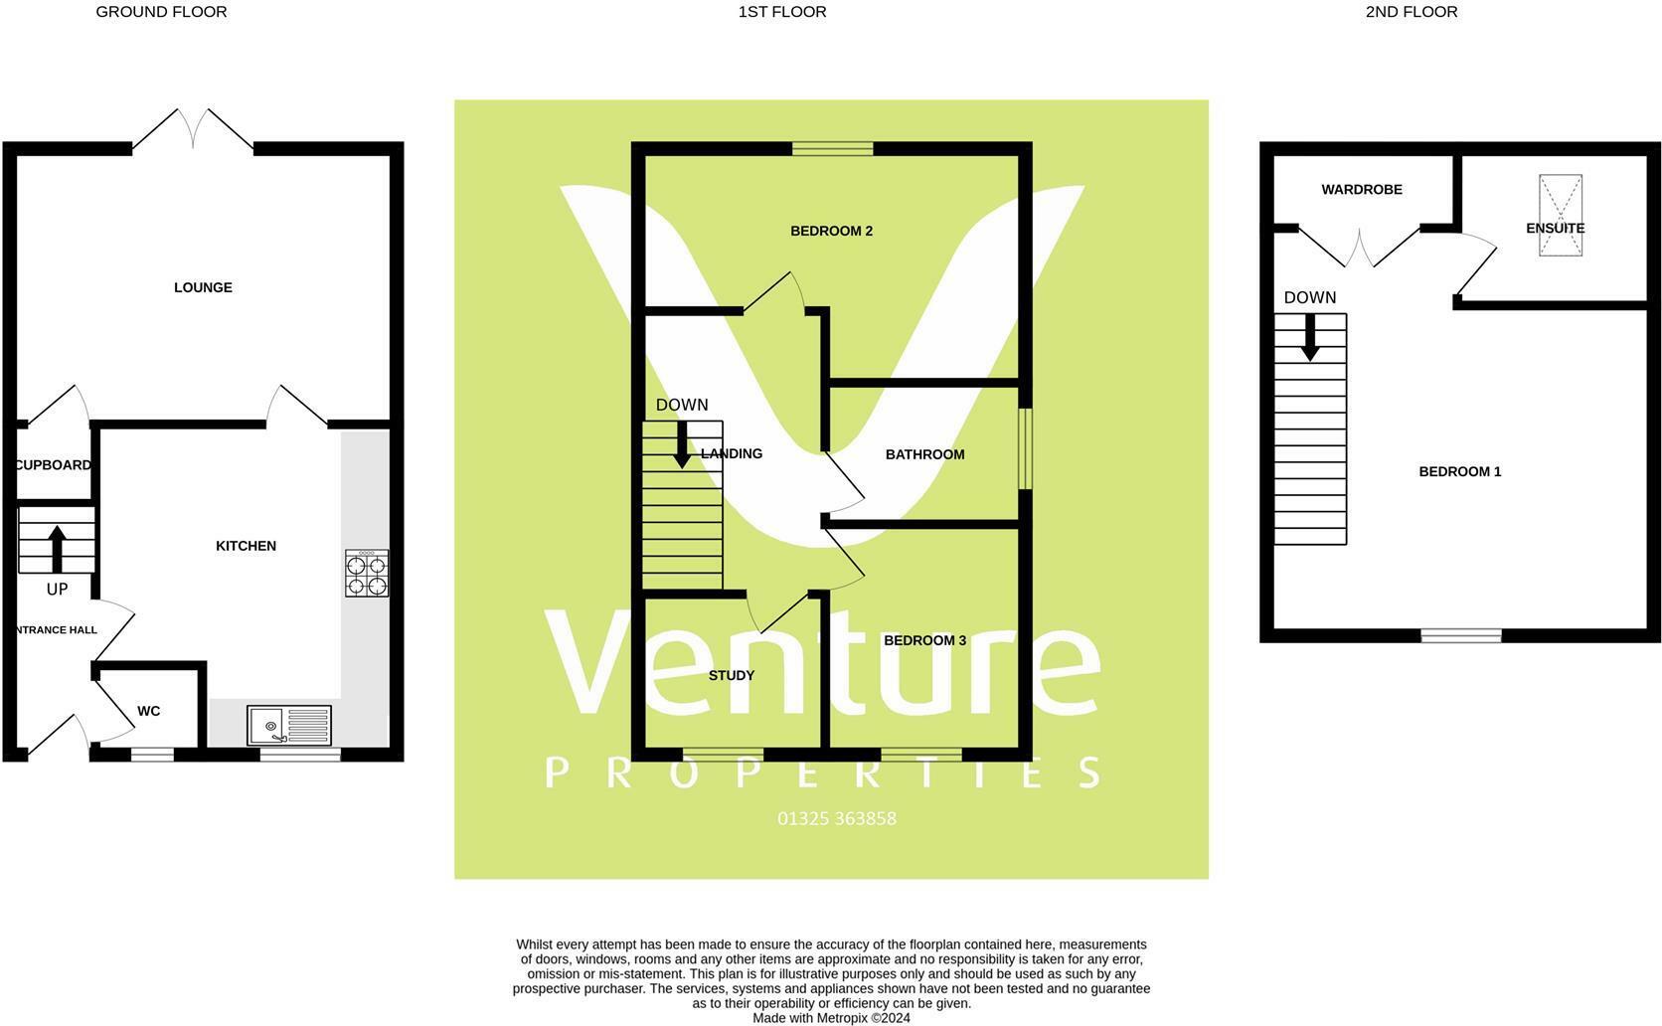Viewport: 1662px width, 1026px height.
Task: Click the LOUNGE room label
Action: (203, 287)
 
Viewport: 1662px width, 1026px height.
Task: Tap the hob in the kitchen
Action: (367, 573)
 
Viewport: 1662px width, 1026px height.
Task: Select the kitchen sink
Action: (289, 725)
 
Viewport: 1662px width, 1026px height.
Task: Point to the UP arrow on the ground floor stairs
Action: (57, 548)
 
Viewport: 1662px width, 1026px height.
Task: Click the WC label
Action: (148, 711)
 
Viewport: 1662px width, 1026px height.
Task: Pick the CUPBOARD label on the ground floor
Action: (54, 464)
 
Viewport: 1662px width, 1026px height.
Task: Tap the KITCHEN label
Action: (246, 546)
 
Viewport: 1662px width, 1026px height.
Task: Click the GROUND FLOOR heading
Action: (161, 12)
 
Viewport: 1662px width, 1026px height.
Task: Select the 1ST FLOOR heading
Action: (782, 12)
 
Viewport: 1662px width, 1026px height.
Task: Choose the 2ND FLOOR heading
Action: (1411, 12)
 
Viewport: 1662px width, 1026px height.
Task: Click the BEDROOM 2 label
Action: (831, 231)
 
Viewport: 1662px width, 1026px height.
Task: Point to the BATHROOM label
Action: (924, 454)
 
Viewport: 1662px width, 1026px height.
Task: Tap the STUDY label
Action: (731, 675)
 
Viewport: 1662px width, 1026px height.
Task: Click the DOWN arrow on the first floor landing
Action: (682, 444)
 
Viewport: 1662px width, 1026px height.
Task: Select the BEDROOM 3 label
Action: (924, 640)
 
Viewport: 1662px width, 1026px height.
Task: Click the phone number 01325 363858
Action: (836, 818)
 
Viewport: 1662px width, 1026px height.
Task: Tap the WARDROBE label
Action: (1361, 189)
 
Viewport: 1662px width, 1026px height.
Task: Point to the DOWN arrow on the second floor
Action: (1310, 337)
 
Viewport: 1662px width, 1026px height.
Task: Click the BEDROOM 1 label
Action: (1459, 471)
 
